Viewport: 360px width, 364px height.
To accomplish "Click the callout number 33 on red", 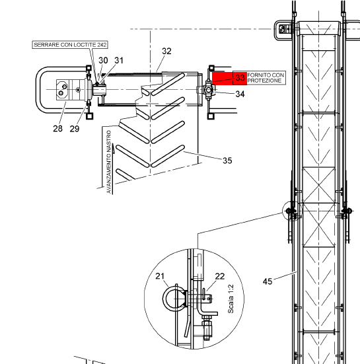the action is tap(240, 77).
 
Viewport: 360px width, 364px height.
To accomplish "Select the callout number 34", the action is tap(240, 94).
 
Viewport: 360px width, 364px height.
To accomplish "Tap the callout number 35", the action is tap(227, 161).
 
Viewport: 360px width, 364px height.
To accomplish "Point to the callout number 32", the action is tap(166, 51).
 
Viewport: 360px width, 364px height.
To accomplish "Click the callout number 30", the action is tap(103, 60).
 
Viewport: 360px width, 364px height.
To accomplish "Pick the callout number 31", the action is tap(119, 60).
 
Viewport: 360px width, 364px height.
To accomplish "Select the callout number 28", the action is tap(57, 128).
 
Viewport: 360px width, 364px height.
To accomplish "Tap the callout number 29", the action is tap(75, 129).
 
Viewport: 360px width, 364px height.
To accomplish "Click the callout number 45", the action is tap(268, 281).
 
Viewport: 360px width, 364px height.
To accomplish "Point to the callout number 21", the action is tap(160, 276).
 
